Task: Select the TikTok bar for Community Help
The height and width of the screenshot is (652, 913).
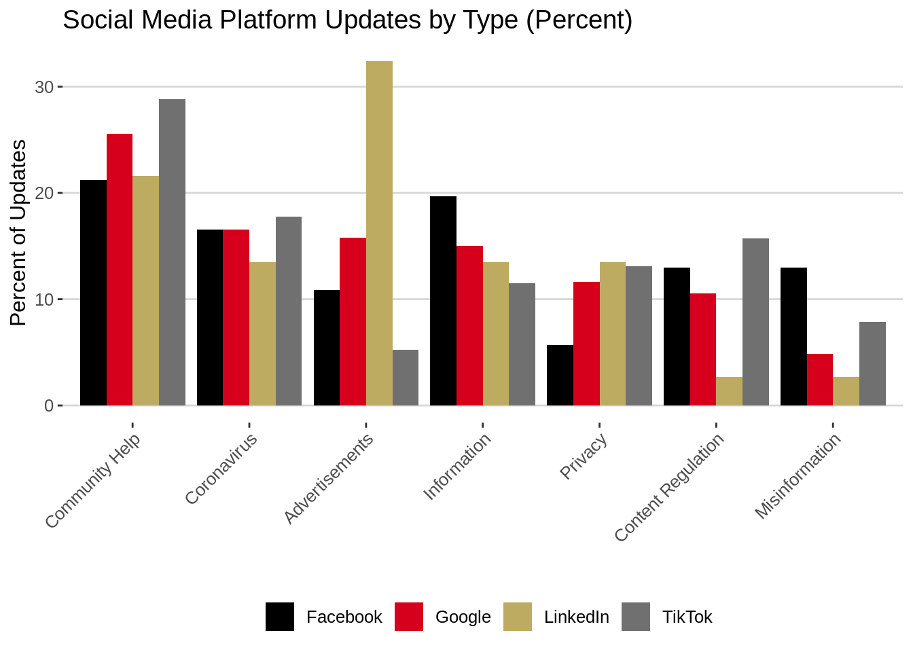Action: (x=172, y=252)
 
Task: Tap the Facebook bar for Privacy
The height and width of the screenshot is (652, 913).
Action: (x=560, y=375)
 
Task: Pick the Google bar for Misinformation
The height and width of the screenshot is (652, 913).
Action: (x=820, y=380)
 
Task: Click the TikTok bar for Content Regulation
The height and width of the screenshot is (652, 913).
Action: (x=755, y=322)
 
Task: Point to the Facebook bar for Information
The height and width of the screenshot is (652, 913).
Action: (x=443, y=301)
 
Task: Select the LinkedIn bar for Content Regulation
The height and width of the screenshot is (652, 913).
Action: (x=729, y=391)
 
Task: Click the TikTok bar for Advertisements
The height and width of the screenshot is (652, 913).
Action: (x=406, y=378)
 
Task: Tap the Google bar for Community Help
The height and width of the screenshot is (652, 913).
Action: (x=120, y=270)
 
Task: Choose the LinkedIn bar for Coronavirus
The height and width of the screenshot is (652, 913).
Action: (x=262, y=333)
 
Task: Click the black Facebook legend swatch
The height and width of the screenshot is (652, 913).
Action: (x=280, y=617)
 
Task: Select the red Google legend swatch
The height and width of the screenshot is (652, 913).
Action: (x=409, y=617)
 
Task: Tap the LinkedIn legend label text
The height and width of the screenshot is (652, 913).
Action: (x=576, y=617)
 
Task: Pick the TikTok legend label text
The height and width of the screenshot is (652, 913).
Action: (x=687, y=617)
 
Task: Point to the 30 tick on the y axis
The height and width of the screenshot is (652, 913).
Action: (x=44, y=87)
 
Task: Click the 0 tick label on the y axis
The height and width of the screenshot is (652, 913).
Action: (x=49, y=405)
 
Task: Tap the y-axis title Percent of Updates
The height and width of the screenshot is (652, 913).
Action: (x=18, y=233)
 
